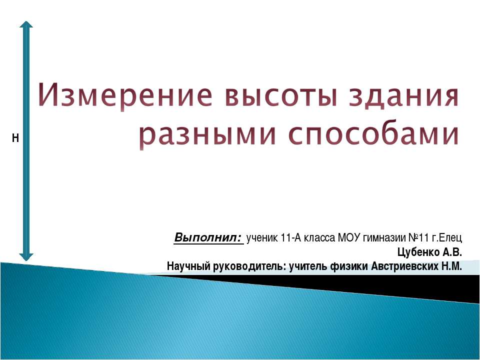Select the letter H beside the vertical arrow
pyautogui.click(x=15, y=138)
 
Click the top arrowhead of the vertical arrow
pyautogui.click(x=26, y=25)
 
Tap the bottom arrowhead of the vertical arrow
pyautogui.click(x=26, y=255)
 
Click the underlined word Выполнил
pyautogui.click(x=207, y=236)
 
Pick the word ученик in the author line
pyautogui.click(x=262, y=237)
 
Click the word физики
pyautogui.click(x=349, y=265)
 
